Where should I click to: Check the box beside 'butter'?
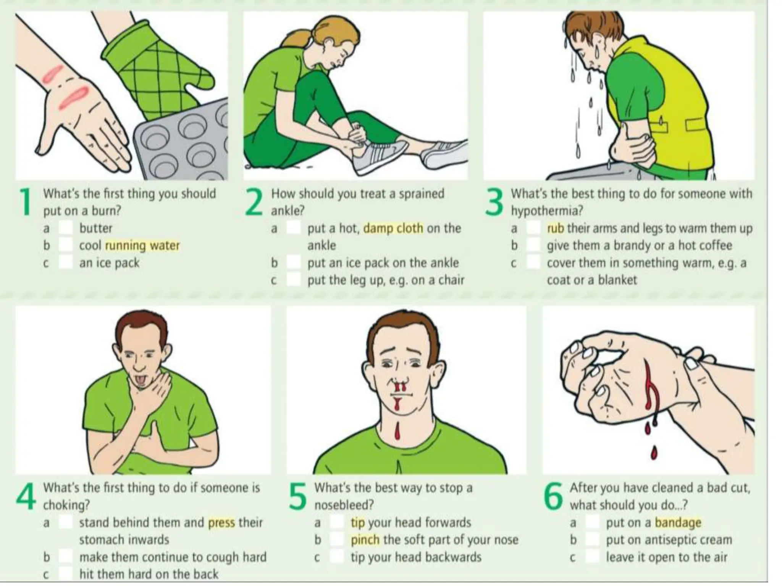click(x=66, y=228)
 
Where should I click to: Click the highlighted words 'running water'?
click(x=142, y=245)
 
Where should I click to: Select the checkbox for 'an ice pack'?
click(x=66, y=263)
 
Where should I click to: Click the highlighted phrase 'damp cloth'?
click(x=393, y=228)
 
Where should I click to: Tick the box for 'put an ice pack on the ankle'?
click(x=294, y=263)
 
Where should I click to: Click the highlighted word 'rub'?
click(x=556, y=228)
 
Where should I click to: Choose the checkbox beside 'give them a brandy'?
click(x=533, y=245)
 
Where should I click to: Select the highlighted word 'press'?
click(x=221, y=523)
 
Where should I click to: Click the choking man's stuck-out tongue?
click(x=139, y=380)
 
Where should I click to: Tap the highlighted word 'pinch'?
click(x=365, y=540)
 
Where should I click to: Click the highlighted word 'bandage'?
click(x=678, y=523)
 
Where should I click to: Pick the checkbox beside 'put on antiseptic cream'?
click(x=592, y=540)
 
